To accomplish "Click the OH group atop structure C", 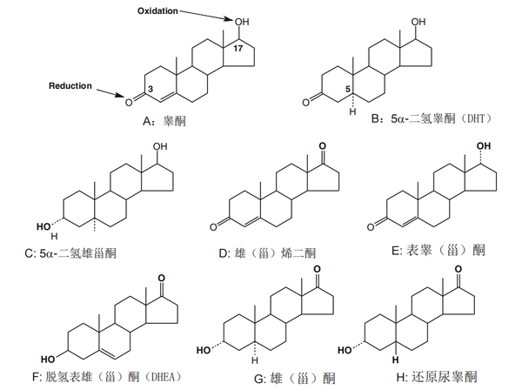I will (160, 148).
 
